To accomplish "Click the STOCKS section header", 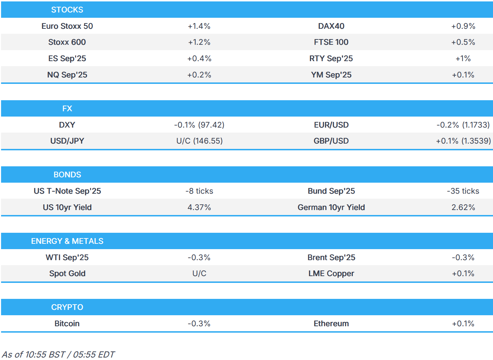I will tap(67, 10).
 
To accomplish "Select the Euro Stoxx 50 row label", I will tap(67, 26).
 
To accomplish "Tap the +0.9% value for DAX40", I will tap(463, 26).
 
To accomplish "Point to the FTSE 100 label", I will tap(331, 42).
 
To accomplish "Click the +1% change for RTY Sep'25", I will tap(463, 59).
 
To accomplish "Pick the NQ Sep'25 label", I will tap(67, 75).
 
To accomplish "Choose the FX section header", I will tap(67, 109).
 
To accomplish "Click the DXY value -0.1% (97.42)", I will tap(199, 125).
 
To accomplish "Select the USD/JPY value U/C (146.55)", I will tap(199, 141).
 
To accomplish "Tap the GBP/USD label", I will tap(331, 141).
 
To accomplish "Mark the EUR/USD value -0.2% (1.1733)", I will tap(463, 125).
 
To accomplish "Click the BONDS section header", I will tap(67, 175).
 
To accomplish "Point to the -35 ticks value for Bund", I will tap(463, 191).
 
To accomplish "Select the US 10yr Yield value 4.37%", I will tap(199, 208).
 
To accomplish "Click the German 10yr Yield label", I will tap(331, 208).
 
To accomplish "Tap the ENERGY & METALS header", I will tap(67, 241).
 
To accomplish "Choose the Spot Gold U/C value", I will tap(199, 274).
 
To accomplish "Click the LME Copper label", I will tap(331, 274).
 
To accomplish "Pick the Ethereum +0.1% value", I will tap(463, 324).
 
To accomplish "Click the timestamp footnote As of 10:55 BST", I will tap(58, 355).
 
